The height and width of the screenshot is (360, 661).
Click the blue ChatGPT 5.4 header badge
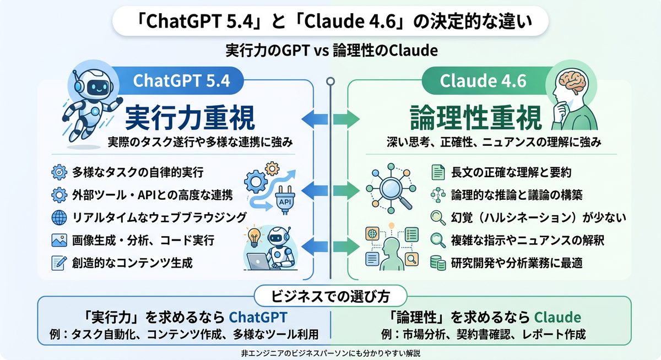coord(181,81)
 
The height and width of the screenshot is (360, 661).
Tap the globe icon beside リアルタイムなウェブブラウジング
coord(58,217)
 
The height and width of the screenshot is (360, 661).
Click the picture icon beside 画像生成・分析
coord(58,240)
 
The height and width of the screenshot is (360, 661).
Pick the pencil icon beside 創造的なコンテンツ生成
coord(58,263)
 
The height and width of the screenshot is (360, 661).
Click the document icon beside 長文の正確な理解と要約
coord(438,172)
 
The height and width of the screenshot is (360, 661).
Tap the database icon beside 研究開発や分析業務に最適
coord(438,263)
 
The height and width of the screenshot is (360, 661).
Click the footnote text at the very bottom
coord(330,352)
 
